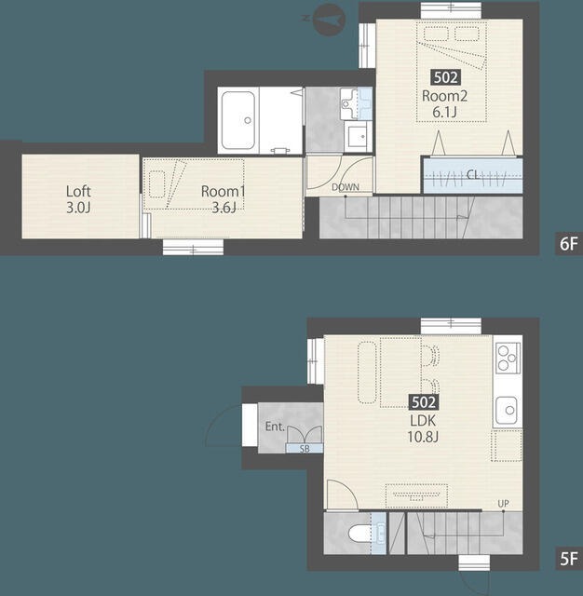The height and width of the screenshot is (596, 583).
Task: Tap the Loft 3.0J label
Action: click(x=78, y=199)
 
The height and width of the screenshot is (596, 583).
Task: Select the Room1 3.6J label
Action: click(x=224, y=199)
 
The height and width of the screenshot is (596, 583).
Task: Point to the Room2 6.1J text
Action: click(x=444, y=103)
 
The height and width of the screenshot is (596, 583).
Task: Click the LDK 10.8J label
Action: click(x=423, y=428)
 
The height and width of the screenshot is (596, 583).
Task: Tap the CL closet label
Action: click(x=472, y=174)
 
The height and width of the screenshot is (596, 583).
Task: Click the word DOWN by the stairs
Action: click(x=346, y=187)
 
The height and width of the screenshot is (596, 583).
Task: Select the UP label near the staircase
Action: click(x=503, y=504)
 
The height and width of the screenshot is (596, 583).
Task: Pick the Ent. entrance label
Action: click(x=275, y=427)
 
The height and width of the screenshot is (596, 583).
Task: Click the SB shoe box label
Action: click(x=305, y=449)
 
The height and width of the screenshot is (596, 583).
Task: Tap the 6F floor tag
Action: click(x=568, y=243)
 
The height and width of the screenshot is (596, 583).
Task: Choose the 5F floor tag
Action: click(x=568, y=559)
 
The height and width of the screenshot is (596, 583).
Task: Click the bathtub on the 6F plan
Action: click(x=238, y=120)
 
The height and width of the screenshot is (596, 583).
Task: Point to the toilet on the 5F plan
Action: click(x=359, y=534)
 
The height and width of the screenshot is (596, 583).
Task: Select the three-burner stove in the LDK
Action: click(x=507, y=358)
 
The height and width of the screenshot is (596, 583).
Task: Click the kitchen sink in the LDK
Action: click(x=507, y=410)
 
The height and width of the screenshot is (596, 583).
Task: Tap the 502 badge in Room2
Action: click(x=445, y=77)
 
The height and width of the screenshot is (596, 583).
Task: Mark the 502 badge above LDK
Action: click(x=424, y=402)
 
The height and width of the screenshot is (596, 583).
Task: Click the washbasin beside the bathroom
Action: click(x=358, y=136)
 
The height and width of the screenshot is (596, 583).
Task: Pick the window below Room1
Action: click(x=193, y=247)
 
